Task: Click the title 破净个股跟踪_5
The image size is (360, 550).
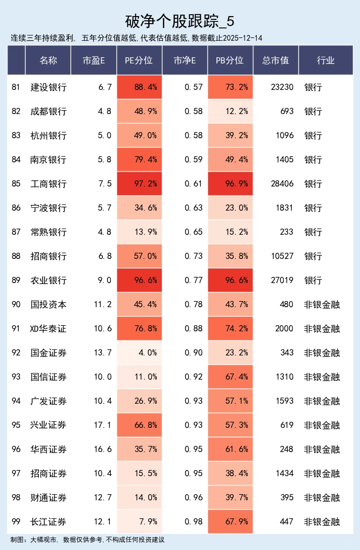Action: click(180, 21)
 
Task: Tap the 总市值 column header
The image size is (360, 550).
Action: click(275, 60)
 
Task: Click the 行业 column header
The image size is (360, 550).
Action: click(325, 60)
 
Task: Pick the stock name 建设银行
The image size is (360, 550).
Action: click(48, 87)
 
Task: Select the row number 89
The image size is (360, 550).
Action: click(16, 280)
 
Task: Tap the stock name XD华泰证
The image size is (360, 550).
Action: click(48, 328)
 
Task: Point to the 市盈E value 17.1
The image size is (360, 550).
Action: click(102, 425)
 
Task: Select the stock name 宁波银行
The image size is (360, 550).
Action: click(48, 208)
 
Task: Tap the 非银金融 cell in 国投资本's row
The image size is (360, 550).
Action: click(322, 304)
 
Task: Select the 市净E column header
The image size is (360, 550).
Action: click(185, 60)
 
